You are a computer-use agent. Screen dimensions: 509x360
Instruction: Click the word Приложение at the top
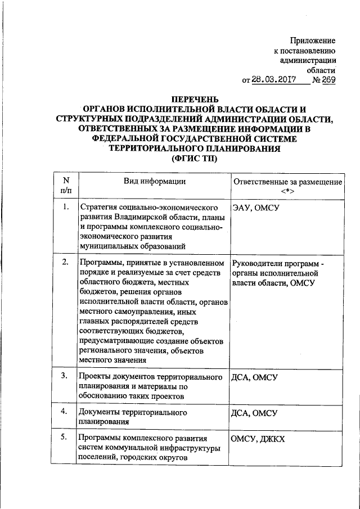coord(313,40)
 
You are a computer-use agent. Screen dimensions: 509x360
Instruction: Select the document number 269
coord(328,80)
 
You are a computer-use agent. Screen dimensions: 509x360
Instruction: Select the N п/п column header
coord(66,186)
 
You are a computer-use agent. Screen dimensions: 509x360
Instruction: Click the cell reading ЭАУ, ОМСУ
coord(256,208)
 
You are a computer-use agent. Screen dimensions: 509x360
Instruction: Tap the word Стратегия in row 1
coord(99,208)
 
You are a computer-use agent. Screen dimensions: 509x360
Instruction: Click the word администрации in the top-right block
coord(308,61)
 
